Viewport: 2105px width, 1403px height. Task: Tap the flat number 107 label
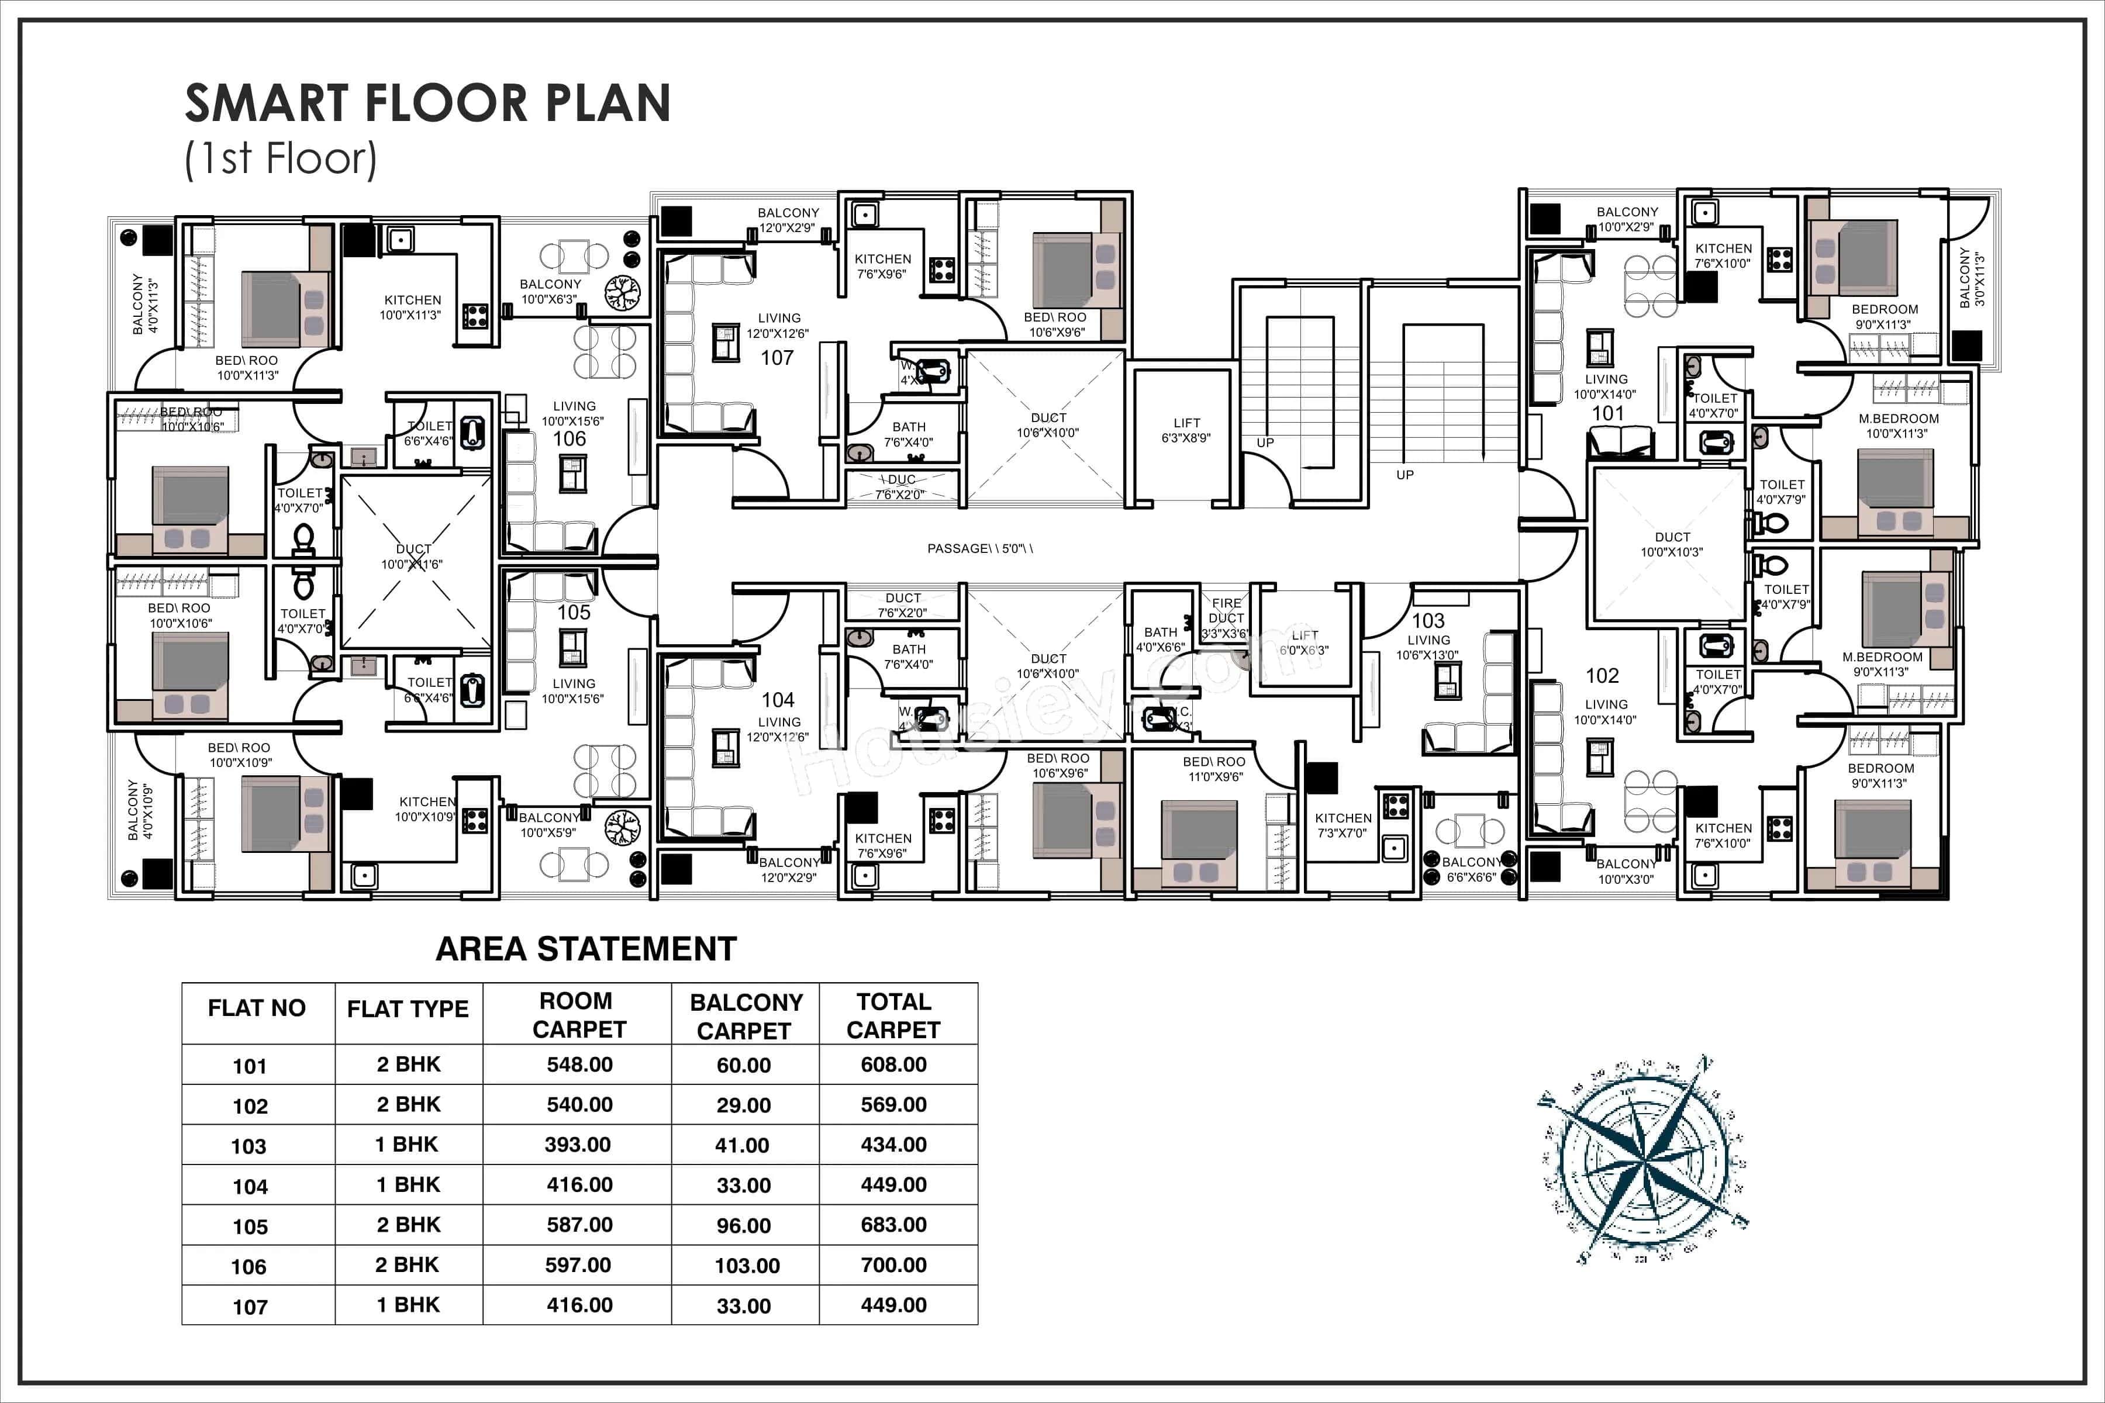pyautogui.click(x=777, y=358)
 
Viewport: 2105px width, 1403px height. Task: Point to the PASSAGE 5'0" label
pyautogui.click(x=979, y=548)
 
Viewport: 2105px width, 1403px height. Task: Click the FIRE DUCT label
pyautogui.click(x=1226, y=611)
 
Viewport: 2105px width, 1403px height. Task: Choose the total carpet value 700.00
pyautogui.click(x=893, y=1264)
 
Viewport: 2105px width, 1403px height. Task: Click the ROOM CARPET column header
pyautogui.click(x=578, y=1015)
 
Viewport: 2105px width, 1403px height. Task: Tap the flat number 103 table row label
pyautogui.click(x=249, y=1146)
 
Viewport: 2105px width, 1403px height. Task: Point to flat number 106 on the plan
pyautogui.click(x=569, y=438)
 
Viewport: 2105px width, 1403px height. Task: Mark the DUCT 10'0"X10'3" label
pyautogui.click(x=1672, y=544)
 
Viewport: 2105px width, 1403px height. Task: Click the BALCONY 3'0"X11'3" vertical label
pyautogui.click(x=1972, y=279)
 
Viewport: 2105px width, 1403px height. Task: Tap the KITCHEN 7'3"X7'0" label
pyautogui.click(x=1343, y=825)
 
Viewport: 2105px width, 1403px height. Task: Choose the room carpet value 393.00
pyautogui.click(x=578, y=1145)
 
